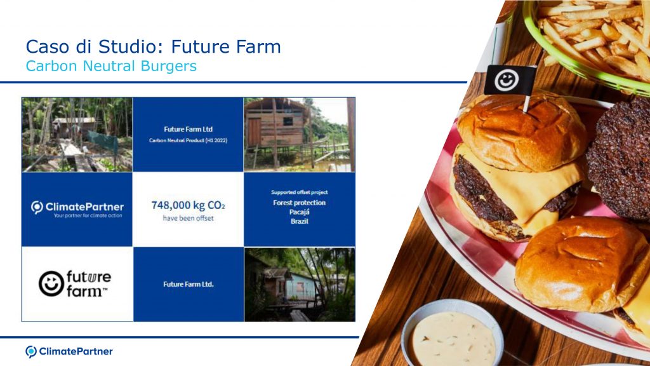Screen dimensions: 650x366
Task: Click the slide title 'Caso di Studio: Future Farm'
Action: tap(154, 46)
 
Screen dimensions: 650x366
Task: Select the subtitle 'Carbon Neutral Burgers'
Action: tap(111, 66)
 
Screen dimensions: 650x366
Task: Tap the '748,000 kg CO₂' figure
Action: tap(188, 205)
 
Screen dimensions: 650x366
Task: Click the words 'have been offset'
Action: tap(188, 218)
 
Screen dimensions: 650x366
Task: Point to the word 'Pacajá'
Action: tap(300, 212)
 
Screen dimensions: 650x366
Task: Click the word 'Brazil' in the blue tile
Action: tap(300, 221)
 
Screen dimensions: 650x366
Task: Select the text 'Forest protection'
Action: tap(300, 203)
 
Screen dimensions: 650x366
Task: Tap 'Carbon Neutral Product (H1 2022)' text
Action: tap(188, 140)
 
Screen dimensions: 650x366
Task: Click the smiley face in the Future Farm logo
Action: tap(51, 284)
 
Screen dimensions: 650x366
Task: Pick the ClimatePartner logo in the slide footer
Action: tap(69, 351)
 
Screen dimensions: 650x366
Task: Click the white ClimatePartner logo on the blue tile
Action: tap(77, 208)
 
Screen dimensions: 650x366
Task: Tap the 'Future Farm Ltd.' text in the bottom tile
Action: tap(188, 284)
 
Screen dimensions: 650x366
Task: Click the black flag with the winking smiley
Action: tap(510, 79)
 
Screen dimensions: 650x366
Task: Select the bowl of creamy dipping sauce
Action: tap(452, 334)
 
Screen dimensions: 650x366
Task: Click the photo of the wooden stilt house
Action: tap(300, 135)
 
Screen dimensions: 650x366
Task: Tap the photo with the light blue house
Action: tap(300, 284)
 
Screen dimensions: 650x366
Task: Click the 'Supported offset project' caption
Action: tap(300, 192)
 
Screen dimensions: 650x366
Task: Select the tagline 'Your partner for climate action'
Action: tap(88, 216)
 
